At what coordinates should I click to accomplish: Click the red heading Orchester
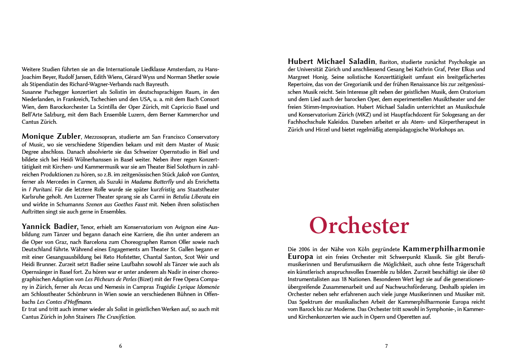[359, 226]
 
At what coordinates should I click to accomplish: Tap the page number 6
[121, 346]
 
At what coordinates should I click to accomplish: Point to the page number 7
[386, 346]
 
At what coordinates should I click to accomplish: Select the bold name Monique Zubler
[51, 136]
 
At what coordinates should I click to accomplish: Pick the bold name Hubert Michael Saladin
[332, 61]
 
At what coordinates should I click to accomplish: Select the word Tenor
[89, 227]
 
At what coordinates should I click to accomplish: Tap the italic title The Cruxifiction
[116, 317]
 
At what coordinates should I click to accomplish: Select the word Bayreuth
[157, 84]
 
